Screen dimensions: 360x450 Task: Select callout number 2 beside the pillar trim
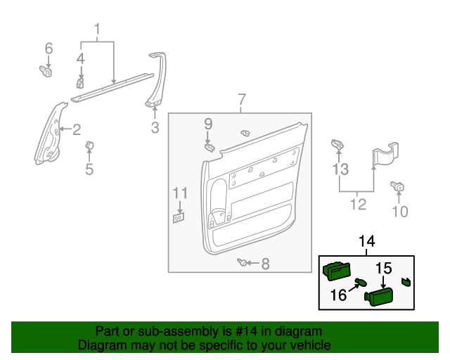click(76, 129)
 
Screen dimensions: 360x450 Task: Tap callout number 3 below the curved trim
click(155, 128)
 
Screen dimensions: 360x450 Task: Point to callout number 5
click(89, 169)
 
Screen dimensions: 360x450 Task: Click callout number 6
click(49, 48)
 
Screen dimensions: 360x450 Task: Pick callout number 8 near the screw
click(265, 264)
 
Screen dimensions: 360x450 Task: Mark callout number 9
click(208, 124)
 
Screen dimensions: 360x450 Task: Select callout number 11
click(181, 193)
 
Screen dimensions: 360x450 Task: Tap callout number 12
click(359, 205)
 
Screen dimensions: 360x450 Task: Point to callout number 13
click(340, 169)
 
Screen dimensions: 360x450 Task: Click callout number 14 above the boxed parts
click(367, 241)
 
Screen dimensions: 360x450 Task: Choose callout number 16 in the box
click(338, 294)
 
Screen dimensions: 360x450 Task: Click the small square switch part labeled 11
click(179, 218)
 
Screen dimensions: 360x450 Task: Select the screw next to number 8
click(243, 262)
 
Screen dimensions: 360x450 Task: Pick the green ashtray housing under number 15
click(378, 297)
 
